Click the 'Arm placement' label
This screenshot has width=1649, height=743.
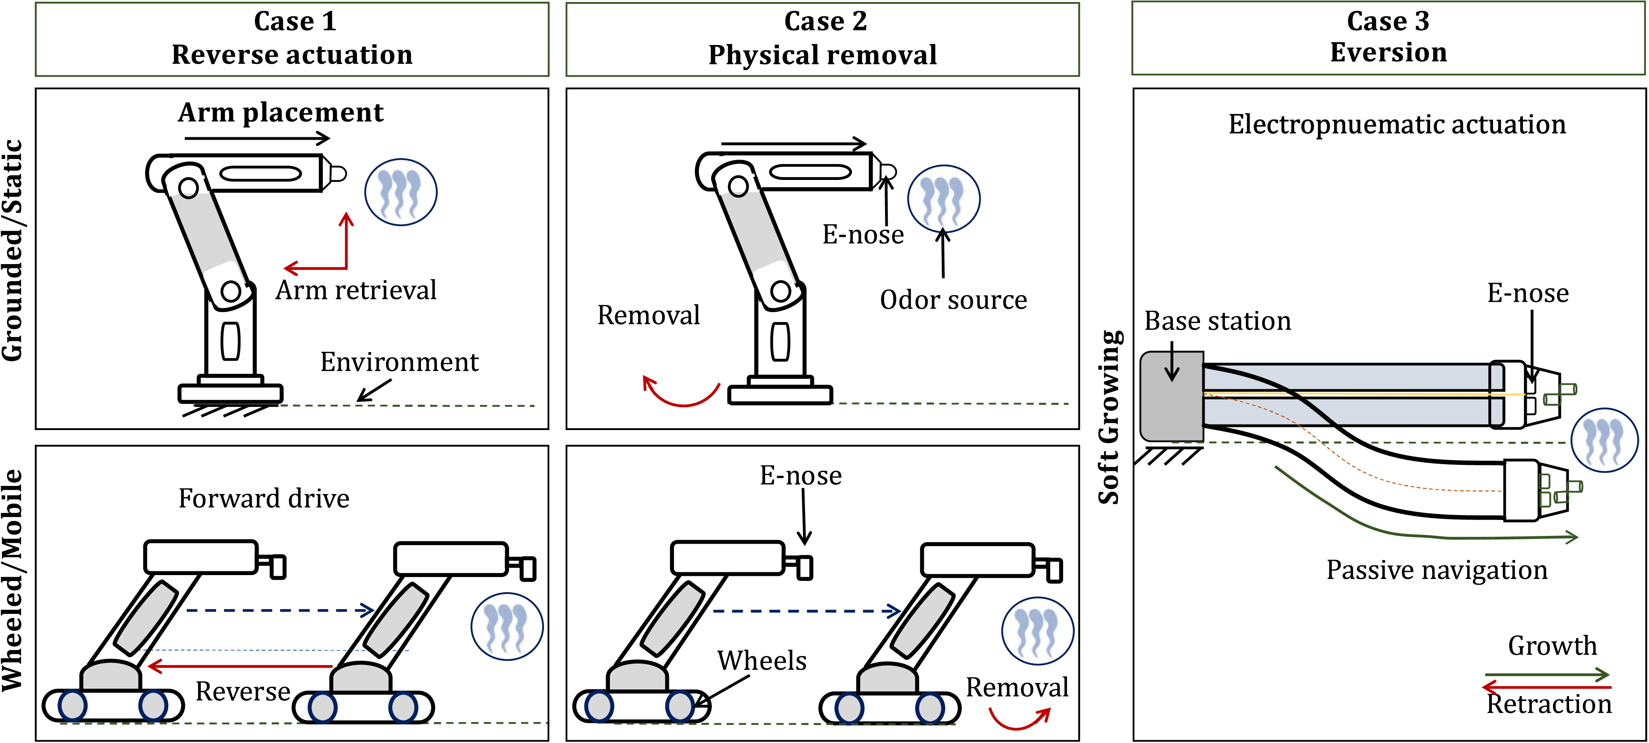pos(281,112)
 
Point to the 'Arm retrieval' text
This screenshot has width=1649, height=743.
pos(356,290)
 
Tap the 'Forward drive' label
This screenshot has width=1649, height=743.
pos(264,499)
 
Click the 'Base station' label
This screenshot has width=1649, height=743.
pos(1218,321)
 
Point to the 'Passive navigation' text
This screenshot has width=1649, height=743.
pos(1436,570)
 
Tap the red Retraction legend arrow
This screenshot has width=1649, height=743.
pos(1546,687)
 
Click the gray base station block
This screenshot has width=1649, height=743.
pos(1171,397)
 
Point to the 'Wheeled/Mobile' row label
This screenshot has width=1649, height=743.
pos(13,580)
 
